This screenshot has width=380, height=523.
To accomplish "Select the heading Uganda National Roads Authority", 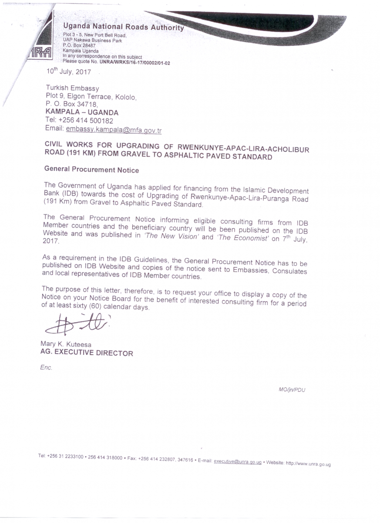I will click(123, 27).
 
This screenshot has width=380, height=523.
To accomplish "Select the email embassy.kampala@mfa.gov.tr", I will click(114, 129).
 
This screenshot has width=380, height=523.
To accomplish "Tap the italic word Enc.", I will click(46, 367).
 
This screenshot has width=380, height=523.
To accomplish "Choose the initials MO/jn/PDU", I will click(292, 390).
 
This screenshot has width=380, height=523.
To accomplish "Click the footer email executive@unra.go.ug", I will click(237, 462).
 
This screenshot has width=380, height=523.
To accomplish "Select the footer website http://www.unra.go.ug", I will click(308, 464).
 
